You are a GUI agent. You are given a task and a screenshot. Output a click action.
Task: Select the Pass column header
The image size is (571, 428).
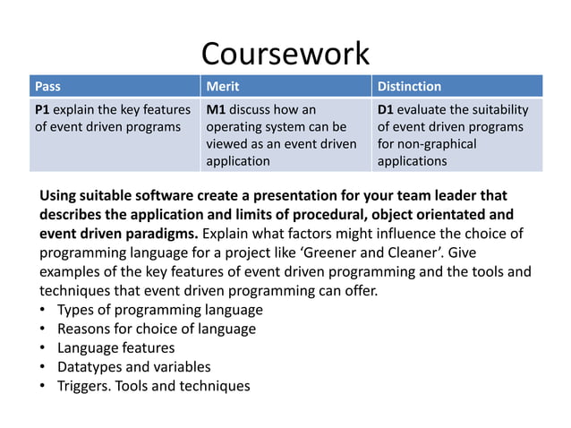[47, 87]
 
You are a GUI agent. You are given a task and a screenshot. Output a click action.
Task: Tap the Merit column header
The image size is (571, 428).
[223, 87]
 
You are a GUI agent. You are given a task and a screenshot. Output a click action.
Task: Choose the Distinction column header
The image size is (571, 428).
[409, 87]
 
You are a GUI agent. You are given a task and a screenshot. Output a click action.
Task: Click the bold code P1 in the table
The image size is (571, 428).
[42, 109]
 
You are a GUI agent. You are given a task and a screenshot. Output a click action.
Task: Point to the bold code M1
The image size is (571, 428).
[215, 109]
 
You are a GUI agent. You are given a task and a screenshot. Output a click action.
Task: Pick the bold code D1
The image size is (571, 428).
[386, 109]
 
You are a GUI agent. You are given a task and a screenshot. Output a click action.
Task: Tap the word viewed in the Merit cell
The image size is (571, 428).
[227, 143]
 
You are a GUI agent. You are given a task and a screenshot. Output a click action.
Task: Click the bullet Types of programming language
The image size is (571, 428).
[159, 310]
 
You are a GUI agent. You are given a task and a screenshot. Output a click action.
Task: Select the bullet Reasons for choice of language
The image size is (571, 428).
[156, 329]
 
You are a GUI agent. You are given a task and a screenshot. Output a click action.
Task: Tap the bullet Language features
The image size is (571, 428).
[115, 347]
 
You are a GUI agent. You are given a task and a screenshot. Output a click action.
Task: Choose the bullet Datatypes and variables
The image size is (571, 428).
[133, 366]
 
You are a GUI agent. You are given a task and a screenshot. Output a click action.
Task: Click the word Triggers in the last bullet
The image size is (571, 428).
[85, 386]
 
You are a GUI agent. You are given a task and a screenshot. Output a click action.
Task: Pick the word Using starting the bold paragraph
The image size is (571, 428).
[59, 195]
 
